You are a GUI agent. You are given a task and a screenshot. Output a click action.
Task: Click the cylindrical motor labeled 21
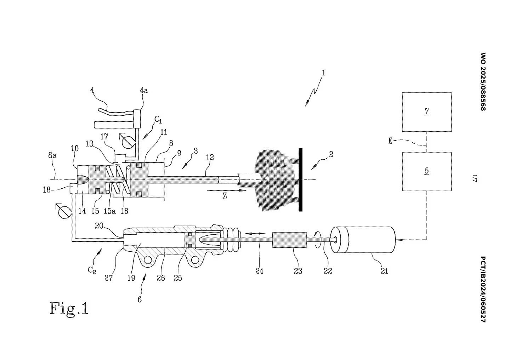click(x=363, y=240)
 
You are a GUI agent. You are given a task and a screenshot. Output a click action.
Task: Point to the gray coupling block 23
click(x=290, y=240)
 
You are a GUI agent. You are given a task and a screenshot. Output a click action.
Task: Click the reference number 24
click(x=259, y=271)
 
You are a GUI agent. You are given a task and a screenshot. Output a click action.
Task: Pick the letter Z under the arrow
click(x=225, y=196)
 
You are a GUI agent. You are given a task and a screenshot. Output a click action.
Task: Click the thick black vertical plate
click(x=301, y=180)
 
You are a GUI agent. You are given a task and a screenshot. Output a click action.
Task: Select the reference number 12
click(x=210, y=158)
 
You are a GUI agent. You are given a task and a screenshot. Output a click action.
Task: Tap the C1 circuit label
click(x=158, y=119)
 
